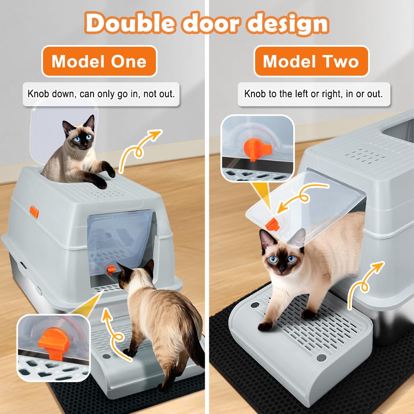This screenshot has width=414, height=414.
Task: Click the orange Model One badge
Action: click(x=99, y=61)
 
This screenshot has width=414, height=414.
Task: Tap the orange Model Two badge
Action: click(x=311, y=61)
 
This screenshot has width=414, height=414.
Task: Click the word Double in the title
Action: click(x=130, y=23)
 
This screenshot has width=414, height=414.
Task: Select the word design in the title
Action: click(x=288, y=24)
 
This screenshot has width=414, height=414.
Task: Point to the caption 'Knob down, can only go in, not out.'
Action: click(x=101, y=94)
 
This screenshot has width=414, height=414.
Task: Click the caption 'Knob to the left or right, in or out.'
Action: click(x=313, y=94)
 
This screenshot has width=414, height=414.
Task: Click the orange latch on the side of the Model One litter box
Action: click(x=34, y=212)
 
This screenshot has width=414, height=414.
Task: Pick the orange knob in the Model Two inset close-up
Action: click(x=257, y=148)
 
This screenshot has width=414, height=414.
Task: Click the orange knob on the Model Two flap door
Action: click(x=273, y=225)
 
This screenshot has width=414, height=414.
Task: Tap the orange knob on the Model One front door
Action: click(x=111, y=270)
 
